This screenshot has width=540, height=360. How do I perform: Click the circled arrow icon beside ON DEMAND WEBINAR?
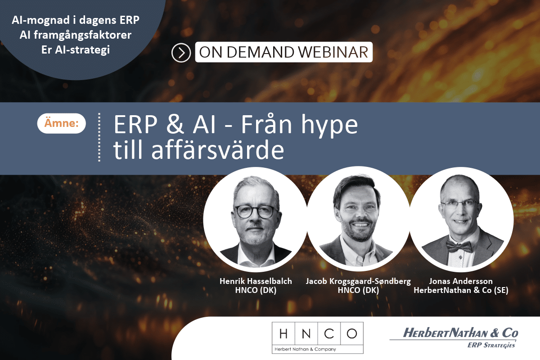coord(181,53)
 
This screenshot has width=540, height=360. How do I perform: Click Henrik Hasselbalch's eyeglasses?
coord(255,211)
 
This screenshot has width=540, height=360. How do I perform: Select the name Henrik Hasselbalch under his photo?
coord(256,281)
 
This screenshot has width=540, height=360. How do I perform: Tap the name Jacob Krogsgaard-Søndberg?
coord(358,281)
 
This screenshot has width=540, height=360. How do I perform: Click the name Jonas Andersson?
coord(461,281)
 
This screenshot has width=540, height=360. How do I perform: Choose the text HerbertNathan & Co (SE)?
coord(461,291)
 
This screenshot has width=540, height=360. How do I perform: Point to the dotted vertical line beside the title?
coord(99,137)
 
